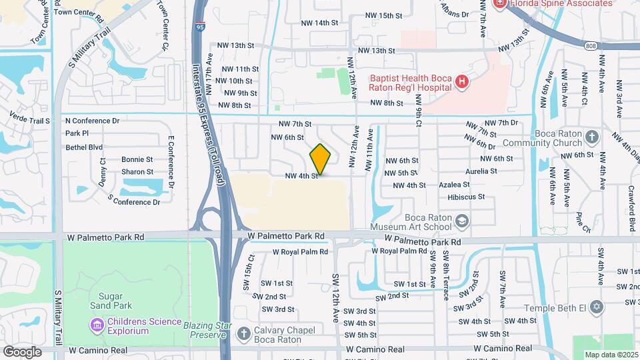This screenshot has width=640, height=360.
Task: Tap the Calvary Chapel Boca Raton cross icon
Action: click(245, 333)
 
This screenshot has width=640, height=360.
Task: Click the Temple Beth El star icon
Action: click(596, 308)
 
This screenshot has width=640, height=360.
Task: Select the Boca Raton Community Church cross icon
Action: click(592, 138)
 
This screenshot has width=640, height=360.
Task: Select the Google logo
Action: click(23, 351)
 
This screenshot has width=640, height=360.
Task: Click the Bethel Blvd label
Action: click(84, 147)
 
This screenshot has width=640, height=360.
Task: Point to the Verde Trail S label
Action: click(29, 121)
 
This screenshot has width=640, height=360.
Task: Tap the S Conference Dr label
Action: click(133, 201)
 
